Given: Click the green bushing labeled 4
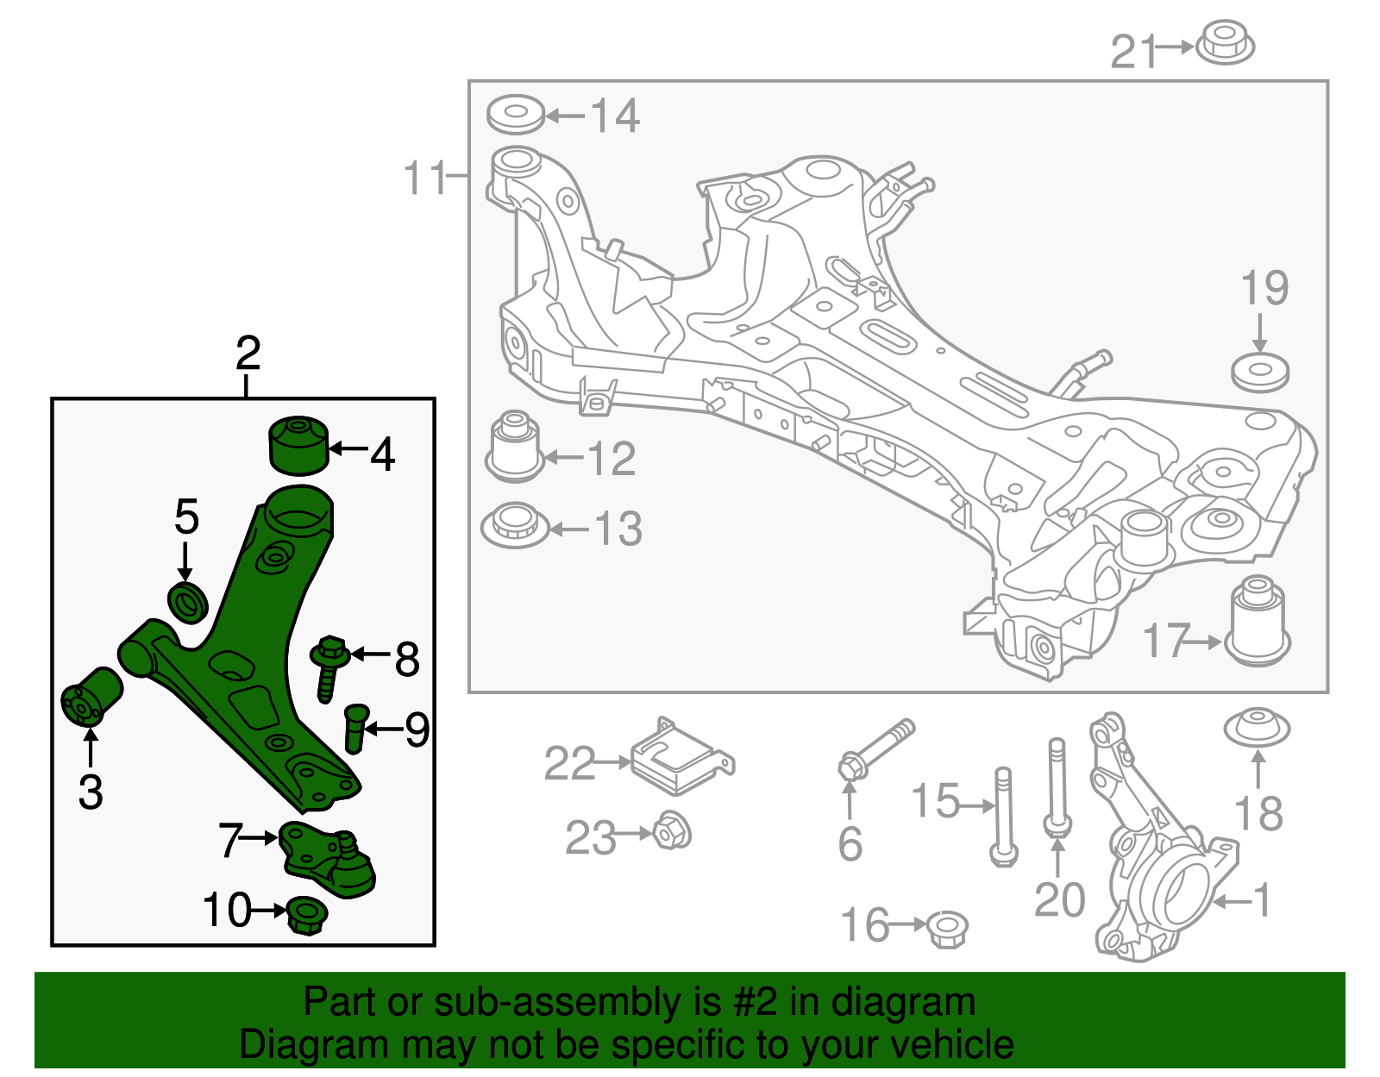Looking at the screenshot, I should (299, 445).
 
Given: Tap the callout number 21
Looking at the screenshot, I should (1132, 51).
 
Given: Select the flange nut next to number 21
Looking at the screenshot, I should (1224, 42).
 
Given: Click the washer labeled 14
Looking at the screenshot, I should (516, 115).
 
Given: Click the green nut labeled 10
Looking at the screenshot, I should (305, 914).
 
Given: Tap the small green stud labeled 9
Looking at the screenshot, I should (355, 727).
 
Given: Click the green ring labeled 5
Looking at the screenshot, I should (187, 601).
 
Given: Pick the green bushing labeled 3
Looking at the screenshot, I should (91, 696).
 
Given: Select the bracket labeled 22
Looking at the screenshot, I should (680, 758).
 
